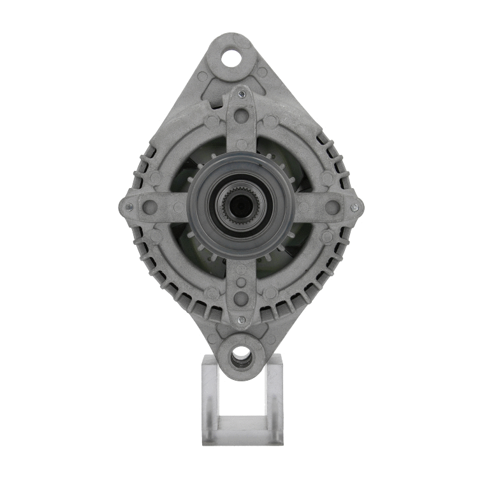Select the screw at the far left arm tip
point(129,207)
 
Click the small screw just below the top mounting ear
point(242,94)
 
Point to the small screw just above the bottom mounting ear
point(241,320)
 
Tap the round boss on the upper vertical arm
point(241,116)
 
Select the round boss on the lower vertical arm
point(241,297)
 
